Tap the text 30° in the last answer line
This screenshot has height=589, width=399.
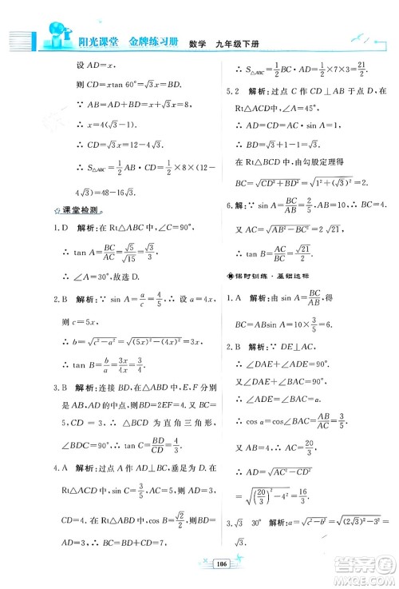[x=255, y=545]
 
